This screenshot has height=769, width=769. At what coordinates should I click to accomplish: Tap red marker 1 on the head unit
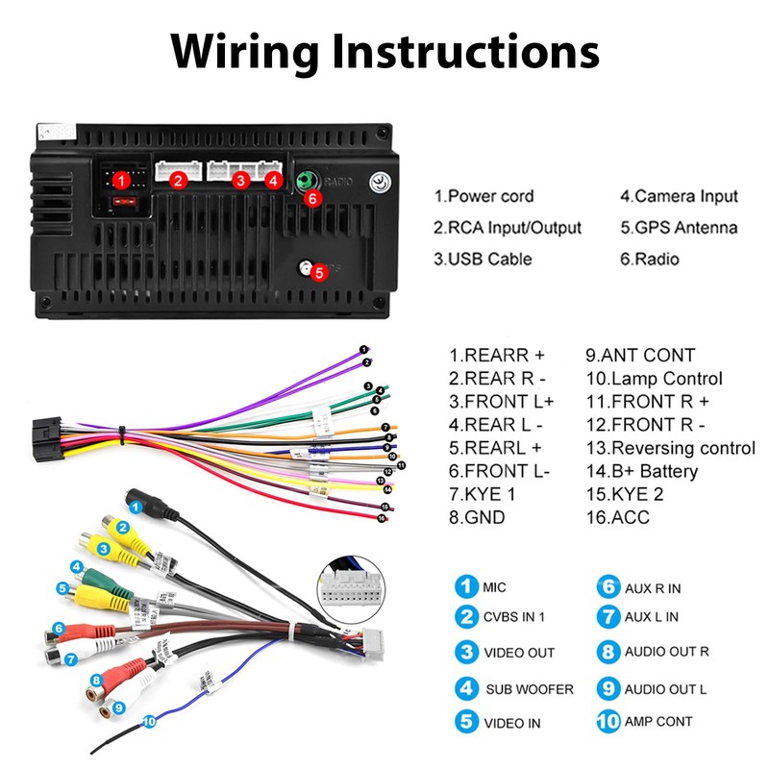(x=121, y=179)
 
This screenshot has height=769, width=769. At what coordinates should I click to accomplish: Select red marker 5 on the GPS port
(x=319, y=271)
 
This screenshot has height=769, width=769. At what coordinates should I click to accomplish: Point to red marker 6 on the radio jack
(x=310, y=199)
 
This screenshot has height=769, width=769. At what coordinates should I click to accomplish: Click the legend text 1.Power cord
(x=484, y=196)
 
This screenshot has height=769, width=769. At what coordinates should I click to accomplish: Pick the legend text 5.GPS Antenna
(x=679, y=228)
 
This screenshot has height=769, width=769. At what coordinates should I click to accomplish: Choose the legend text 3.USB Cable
(x=482, y=259)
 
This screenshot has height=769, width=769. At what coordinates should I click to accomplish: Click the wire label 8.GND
(x=479, y=517)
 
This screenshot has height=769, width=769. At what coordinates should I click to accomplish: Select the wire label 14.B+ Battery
(x=642, y=471)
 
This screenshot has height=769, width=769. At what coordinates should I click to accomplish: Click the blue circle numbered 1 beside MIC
(x=466, y=586)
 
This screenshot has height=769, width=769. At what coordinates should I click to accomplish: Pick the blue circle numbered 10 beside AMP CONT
(x=608, y=721)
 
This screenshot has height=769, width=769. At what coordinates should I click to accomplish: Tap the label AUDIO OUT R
(x=666, y=651)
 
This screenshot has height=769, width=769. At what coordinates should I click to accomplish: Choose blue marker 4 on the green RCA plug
(x=77, y=567)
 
